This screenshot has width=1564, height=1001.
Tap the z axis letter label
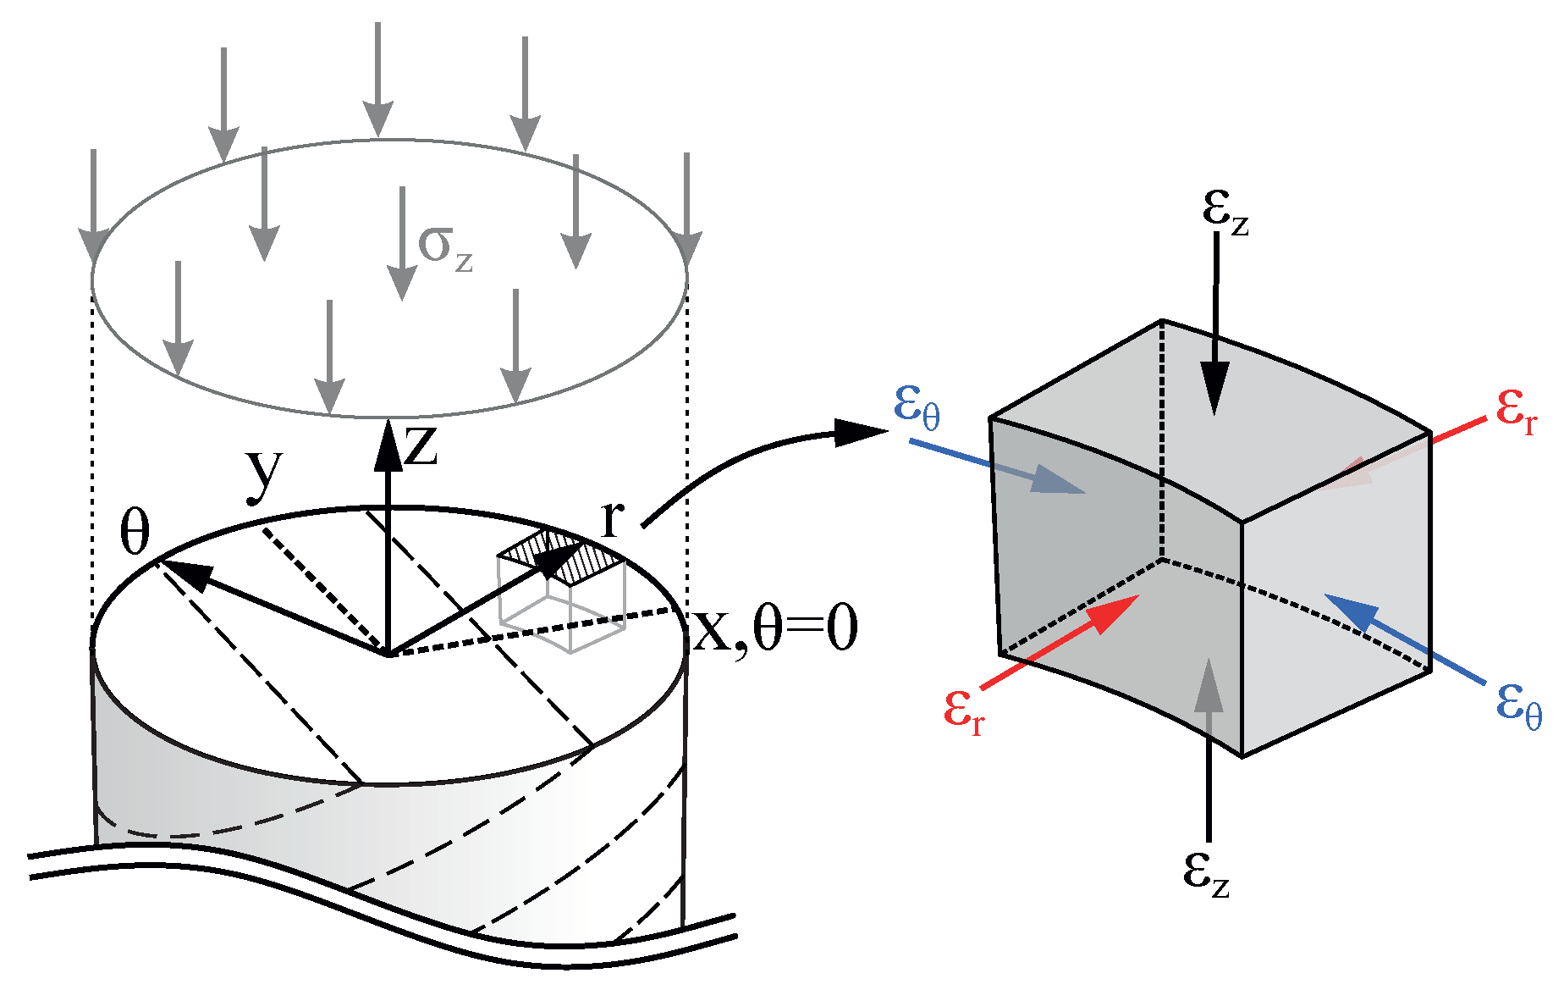pyautogui.click(x=421, y=446)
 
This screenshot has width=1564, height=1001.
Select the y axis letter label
pyautogui.click(x=264, y=476)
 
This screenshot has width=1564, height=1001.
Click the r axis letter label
pyautogui.click(x=612, y=517)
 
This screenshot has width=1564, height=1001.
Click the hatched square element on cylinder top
pyautogui.click(x=562, y=556)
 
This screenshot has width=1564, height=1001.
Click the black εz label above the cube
pyautogui.click(x=1225, y=209)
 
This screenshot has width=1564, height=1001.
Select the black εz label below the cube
pyautogui.click(x=1206, y=871)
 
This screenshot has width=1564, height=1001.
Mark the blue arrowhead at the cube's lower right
pyautogui.click(x=1349, y=611)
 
